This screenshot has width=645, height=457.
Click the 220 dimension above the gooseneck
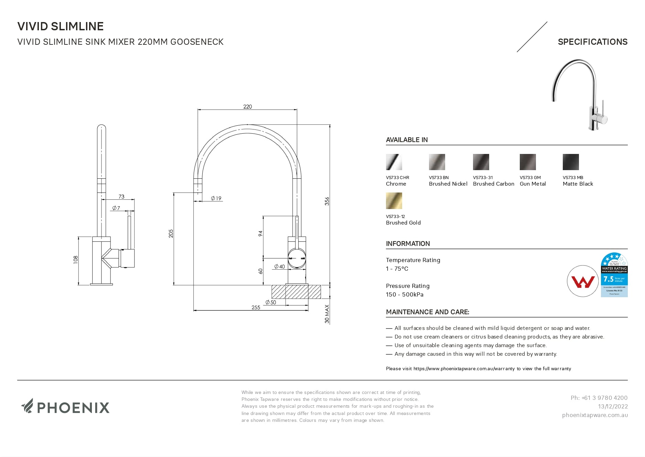coord(247,107)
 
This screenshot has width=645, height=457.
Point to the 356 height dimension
coord(327,201)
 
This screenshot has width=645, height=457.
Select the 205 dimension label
coord(171,233)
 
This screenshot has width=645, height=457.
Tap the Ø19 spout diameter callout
coord(216,198)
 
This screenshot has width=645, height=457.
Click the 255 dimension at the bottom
coord(256,308)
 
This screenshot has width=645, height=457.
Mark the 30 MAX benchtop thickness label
coord(327,314)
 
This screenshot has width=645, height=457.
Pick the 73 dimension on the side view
coord(121,197)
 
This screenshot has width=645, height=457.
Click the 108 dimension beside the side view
coord(76,260)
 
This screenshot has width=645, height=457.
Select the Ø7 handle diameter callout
coord(116,208)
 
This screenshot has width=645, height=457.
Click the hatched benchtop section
coord(296,292)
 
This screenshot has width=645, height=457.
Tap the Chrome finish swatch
coord(394,162)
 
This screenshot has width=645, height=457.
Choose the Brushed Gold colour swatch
coord(394,201)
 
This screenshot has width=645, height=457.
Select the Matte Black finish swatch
coord(571,162)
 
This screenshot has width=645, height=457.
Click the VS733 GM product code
coord(530,178)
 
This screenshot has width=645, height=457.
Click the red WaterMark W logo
coord(583,281)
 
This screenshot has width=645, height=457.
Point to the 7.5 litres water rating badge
coord(614,275)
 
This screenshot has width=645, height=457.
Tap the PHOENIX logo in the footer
coord(65,407)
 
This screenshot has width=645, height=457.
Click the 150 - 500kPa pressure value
coord(405,294)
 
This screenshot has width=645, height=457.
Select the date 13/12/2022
coord(613,406)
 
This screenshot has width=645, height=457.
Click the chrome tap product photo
coord(580,95)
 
